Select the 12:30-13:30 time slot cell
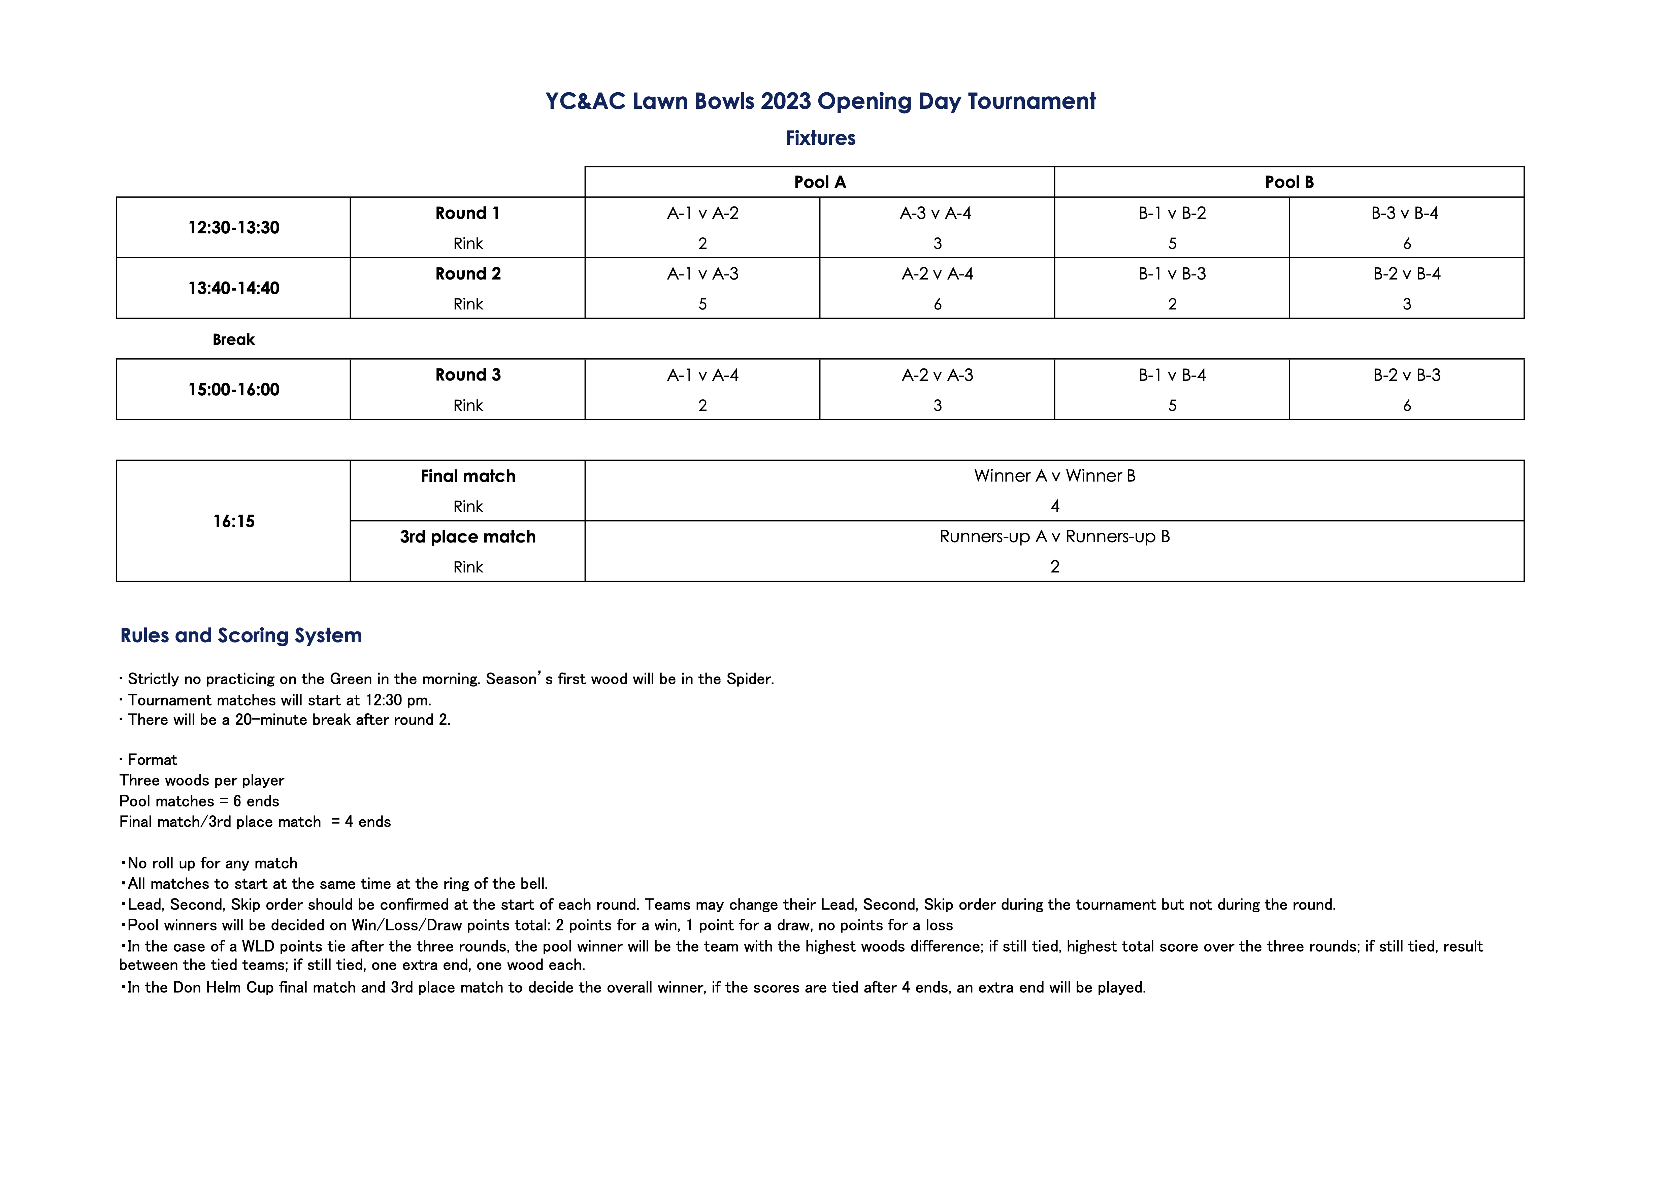coord(233,228)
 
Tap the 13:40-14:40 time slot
coord(233,288)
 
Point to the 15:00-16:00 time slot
coord(233,390)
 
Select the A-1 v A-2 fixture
coord(702,213)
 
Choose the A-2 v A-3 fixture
coord(938,375)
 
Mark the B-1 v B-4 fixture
coord(1172,375)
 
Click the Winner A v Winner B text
coord(1055,475)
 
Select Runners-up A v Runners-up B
coord(1055,537)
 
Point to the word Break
coord(233,339)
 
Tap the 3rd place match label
coord(468,537)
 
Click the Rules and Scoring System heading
coord(241,635)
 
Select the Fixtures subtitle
coord(820,138)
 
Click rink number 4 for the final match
coord(1055,506)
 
